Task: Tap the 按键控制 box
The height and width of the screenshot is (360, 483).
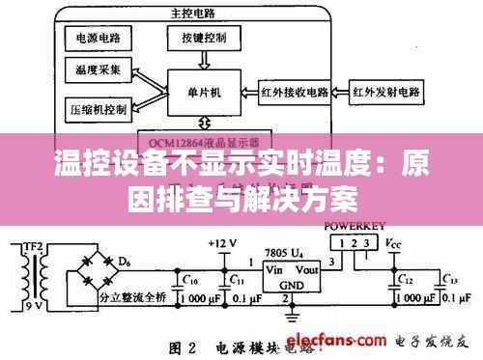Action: pos(203,38)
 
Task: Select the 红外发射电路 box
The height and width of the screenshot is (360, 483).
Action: pos(386,94)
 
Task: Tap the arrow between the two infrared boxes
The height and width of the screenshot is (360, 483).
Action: pos(339,94)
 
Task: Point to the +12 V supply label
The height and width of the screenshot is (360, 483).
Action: pos(220,242)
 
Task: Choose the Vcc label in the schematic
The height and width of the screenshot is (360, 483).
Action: pos(394,243)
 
